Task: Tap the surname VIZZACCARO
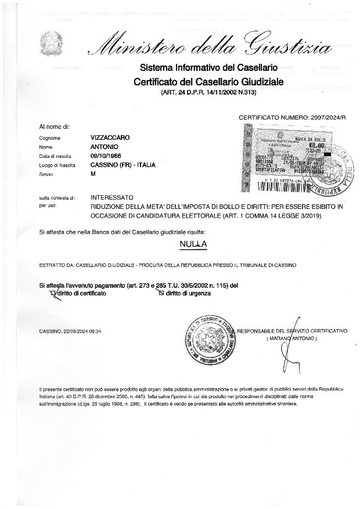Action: click(x=110, y=138)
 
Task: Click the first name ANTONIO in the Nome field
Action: click(x=105, y=147)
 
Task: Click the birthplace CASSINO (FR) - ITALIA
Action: click(x=123, y=165)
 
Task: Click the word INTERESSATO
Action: click(x=112, y=198)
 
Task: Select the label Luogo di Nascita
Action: click(x=57, y=165)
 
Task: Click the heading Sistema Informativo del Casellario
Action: click(x=208, y=69)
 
